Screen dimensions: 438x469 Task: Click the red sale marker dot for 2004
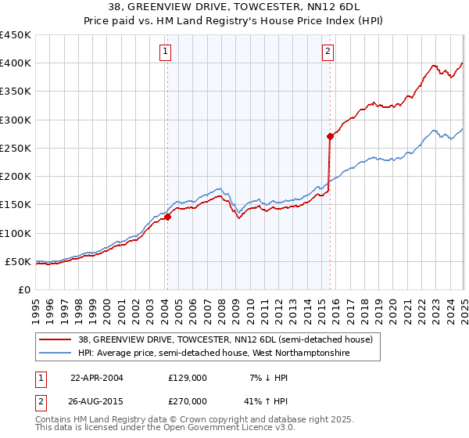167,217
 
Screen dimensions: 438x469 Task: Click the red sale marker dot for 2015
330,136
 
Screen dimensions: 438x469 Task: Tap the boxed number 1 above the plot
166,52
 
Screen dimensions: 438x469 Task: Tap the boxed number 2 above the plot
328,52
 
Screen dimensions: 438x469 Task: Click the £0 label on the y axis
23,289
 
